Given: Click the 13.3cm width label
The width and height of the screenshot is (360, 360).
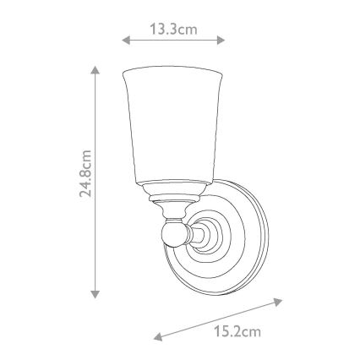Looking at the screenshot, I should coord(173,29).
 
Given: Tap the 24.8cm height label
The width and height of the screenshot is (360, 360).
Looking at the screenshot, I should coord(85,182).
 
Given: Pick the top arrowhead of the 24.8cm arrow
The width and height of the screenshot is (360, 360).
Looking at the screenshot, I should coord(95,70).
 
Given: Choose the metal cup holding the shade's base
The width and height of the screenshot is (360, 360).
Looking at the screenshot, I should coord(172,193).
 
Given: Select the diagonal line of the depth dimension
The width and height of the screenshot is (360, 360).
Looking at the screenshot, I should coord(218,319).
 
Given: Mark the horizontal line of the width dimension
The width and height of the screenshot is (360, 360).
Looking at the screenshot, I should coord(173,40).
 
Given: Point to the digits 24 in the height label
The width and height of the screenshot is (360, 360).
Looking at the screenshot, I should coord(85,192).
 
